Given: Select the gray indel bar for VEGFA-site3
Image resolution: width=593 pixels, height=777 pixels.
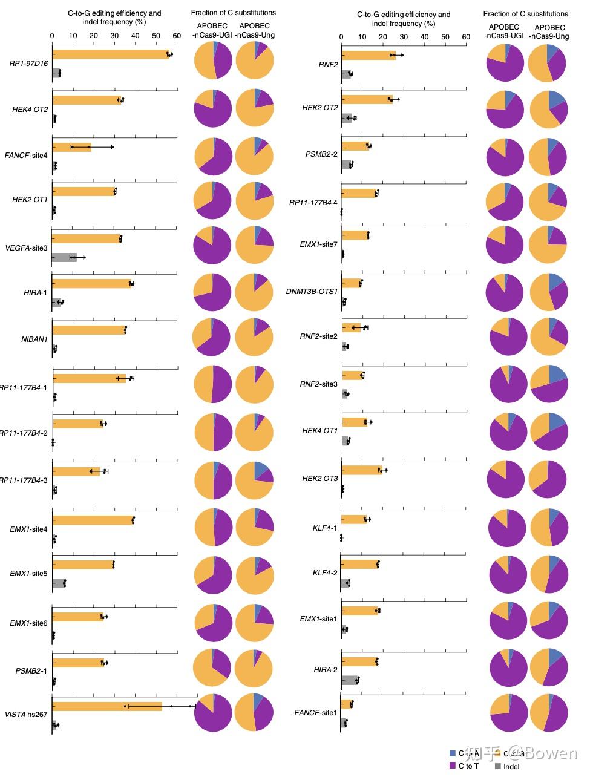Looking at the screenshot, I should tap(64, 257).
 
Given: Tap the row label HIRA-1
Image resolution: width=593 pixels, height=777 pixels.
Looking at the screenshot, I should tap(36, 293).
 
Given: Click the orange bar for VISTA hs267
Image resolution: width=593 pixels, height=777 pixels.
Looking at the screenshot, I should tap(107, 706).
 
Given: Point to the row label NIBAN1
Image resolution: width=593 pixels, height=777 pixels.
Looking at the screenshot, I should tap(34, 339).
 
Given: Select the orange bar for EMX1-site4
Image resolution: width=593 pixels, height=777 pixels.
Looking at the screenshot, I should tap(93, 520).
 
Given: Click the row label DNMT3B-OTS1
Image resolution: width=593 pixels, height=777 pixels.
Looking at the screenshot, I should tap(312, 292).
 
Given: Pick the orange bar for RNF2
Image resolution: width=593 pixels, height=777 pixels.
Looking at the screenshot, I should tap(369, 56).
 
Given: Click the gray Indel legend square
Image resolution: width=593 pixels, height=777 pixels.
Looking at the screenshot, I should tap(498, 766).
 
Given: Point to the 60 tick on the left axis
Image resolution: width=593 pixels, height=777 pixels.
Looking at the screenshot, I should tap(177, 36).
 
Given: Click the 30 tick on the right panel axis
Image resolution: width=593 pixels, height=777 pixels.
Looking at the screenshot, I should tap(404, 37).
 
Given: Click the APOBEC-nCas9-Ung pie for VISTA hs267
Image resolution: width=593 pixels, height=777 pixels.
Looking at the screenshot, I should tap(254, 712).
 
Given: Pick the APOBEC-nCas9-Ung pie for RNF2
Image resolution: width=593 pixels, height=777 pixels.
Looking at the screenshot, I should tap(548, 63).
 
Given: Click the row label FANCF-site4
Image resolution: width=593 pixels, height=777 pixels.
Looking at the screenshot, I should tap(26, 156).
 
